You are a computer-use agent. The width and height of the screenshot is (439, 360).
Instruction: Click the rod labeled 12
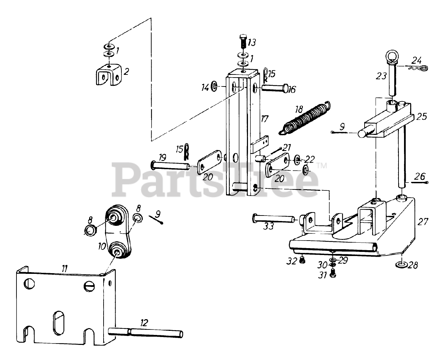(146, 332)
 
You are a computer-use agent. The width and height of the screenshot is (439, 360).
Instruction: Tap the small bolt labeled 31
(332, 274)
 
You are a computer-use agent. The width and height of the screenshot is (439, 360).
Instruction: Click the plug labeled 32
(302, 261)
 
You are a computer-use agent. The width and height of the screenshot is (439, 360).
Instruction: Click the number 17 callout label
(264, 119)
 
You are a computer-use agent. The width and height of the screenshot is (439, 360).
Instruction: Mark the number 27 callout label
(423, 222)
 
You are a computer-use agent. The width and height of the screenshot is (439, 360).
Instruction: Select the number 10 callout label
(102, 246)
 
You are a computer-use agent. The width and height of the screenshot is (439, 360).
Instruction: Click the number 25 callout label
(422, 117)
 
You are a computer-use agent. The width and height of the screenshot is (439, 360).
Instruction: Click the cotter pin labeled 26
(418, 183)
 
